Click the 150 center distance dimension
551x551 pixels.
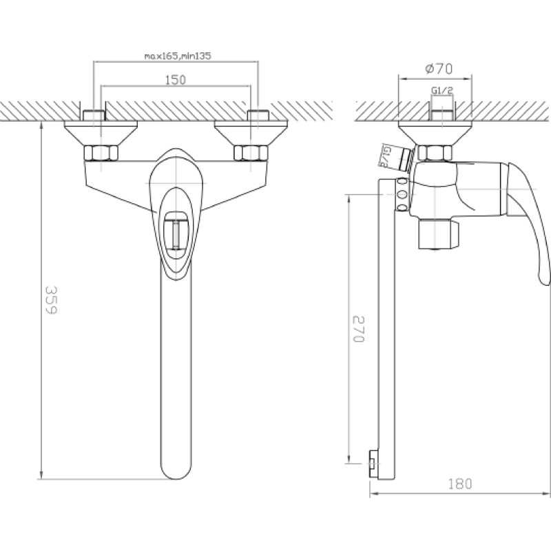176,81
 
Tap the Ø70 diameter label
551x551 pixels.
438,68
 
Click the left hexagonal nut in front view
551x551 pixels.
101,153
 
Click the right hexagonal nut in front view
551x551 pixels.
249,153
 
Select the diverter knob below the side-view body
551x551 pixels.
438,234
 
